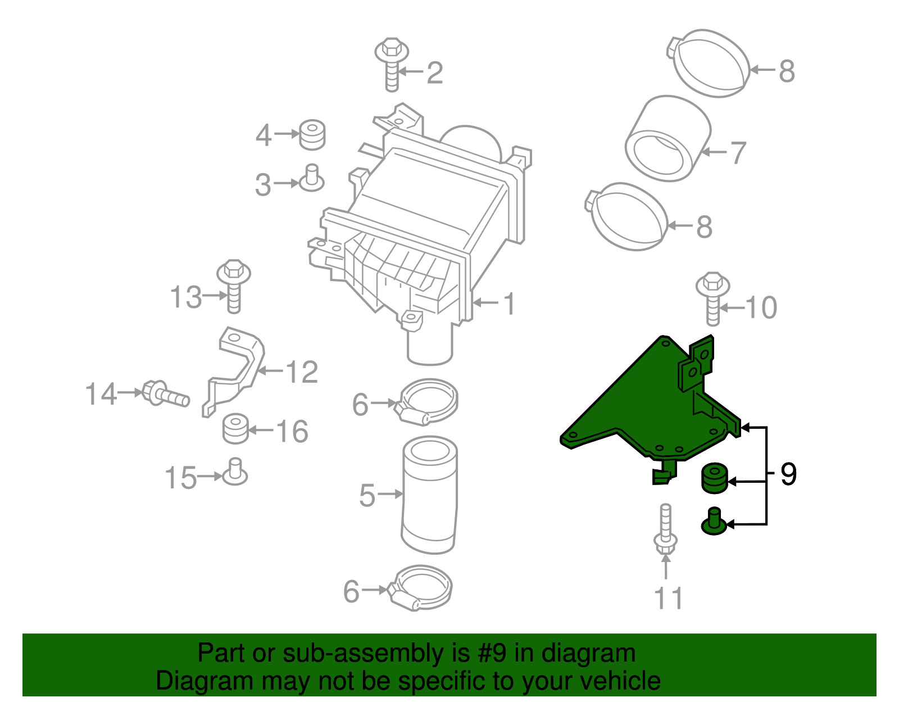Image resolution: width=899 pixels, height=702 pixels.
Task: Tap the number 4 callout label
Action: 263,135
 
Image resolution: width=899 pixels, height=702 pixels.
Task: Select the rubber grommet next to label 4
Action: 312,135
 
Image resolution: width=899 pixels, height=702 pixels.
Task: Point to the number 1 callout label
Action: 509,304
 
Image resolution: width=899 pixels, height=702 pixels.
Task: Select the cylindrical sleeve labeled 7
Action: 667,139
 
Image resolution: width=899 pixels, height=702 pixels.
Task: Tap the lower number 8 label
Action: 704,228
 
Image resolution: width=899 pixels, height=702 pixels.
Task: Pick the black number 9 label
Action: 788,475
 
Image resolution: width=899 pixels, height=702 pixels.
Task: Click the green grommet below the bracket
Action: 714,478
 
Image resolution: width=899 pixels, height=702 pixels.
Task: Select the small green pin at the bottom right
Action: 714,522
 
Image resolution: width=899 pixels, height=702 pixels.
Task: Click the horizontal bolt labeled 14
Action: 164,393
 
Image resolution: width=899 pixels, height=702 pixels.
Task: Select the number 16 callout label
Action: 292,432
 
